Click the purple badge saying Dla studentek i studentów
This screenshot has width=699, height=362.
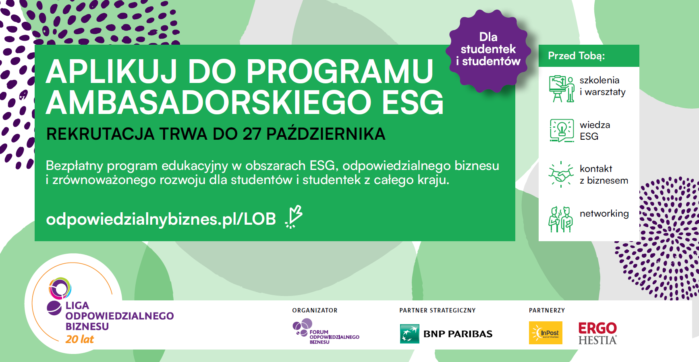pos(488,50)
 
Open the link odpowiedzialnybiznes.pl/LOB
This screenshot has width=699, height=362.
pos(161,219)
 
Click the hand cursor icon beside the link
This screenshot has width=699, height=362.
pos(294,217)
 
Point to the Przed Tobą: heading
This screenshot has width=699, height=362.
pos(576,56)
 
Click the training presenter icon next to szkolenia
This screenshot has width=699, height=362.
pos(561,89)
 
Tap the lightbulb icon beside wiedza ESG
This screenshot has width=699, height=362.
pos(562,130)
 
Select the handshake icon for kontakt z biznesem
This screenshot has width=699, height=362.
pos(561,174)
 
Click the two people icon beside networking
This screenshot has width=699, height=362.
pos(560,219)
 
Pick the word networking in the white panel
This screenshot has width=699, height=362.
pos(604,214)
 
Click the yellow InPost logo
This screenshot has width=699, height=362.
pos(546,333)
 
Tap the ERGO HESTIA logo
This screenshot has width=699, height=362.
pos(597,333)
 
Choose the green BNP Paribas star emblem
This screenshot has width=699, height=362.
pos(409,334)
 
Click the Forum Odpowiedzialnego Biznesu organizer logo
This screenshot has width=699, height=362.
pos(326,331)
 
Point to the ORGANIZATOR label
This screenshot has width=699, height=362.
pos(315,310)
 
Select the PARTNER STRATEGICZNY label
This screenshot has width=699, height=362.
pos(438,310)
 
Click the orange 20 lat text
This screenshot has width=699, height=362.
pos(79,339)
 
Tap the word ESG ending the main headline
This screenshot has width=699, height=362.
pos(413,103)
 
